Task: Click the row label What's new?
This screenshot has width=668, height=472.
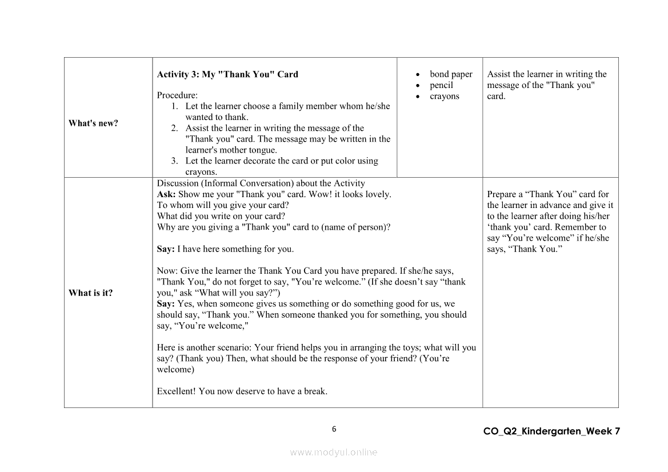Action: tap(93, 123)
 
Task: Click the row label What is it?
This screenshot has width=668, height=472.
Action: tap(90, 293)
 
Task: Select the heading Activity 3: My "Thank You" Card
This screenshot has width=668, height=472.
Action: tap(227, 74)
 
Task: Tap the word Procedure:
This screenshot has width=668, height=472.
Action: tap(177, 95)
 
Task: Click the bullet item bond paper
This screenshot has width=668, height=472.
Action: tap(451, 74)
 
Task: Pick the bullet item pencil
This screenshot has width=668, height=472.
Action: tap(441, 85)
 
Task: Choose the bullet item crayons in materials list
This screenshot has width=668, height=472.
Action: tap(444, 96)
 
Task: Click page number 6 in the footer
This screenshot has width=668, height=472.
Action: tap(334, 429)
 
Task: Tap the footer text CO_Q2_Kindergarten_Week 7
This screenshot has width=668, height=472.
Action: tap(551, 431)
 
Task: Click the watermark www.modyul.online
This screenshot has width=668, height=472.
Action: tap(334, 452)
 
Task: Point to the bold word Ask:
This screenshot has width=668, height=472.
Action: tap(166, 194)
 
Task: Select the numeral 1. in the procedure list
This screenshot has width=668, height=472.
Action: tap(175, 106)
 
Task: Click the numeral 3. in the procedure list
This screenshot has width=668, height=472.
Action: tap(175, 161)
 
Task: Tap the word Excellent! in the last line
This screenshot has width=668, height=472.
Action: tap(176, 391)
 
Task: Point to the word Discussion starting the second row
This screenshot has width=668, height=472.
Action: tap(177, 183)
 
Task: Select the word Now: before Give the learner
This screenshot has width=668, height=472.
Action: tap(166, 271)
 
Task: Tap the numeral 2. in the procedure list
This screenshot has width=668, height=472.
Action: tap(175, 129)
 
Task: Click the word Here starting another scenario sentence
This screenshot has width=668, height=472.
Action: tap(166, 347)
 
